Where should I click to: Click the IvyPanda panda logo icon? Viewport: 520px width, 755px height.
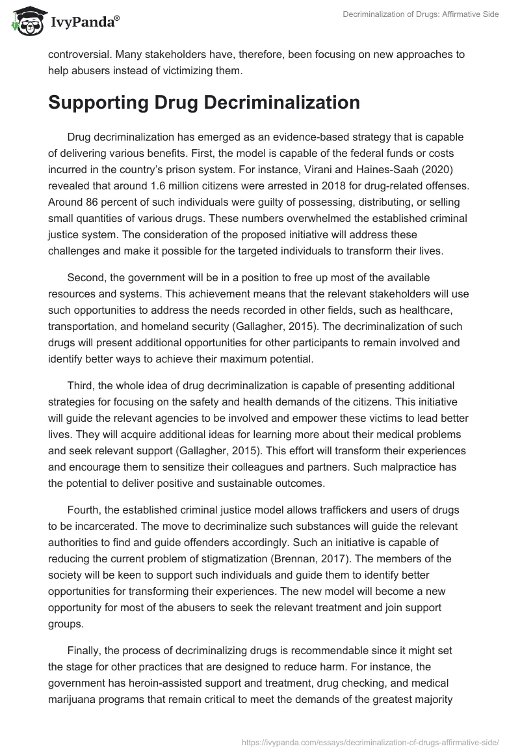(x=25, y=23)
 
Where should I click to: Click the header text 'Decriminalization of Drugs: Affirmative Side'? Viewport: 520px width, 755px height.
(x=421, y=15)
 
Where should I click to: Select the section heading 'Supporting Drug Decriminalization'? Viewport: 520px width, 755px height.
(x=203, y=103)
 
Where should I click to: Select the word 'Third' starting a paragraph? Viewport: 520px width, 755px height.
(x=80, y=387)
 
